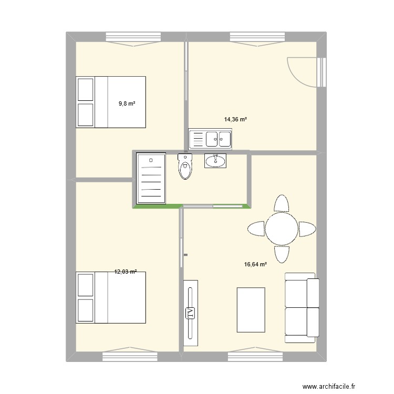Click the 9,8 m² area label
click(127, 104)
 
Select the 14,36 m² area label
click(235, 119)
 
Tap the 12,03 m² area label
click(126, 272)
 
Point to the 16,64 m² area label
click(255, 265)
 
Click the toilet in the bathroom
click(185, 167)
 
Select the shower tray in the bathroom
click(151, 178)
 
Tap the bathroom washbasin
click(215, 160)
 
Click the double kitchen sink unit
click(210, 139)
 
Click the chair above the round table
click(282, 203)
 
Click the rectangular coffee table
click(251, 309)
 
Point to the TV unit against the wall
click(191, 313)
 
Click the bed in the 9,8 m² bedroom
click(111, 102)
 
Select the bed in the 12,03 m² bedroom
click(111, 297)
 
